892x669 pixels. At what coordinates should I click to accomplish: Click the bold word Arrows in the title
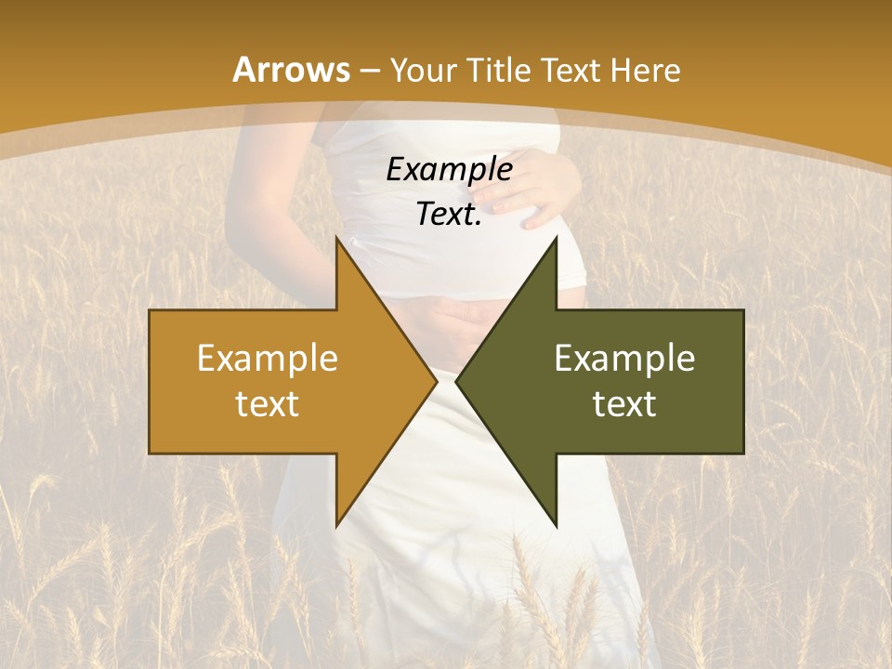[x=291, y=70]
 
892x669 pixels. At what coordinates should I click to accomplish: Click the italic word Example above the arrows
[x=449, y=169]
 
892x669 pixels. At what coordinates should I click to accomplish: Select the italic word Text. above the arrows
[x=449, y=214]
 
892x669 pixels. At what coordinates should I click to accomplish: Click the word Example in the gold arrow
[x=268, y=358]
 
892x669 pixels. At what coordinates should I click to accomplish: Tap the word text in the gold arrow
[x=268, y=403]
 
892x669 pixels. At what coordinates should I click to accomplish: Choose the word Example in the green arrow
[x=624, y=358]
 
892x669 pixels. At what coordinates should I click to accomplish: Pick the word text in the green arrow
[x=624, y=403]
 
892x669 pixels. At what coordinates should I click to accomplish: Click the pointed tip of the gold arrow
[x=437, y=381]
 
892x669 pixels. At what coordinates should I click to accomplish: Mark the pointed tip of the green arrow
[x=457, y=381]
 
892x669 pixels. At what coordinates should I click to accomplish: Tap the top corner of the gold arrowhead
[x=336, y=239]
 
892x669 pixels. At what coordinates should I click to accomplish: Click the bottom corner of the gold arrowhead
[x=336, y=525]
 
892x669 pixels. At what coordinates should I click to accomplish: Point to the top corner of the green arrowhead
[x=556, y=239]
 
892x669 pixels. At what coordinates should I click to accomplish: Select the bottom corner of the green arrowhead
[x=556, y=525]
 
